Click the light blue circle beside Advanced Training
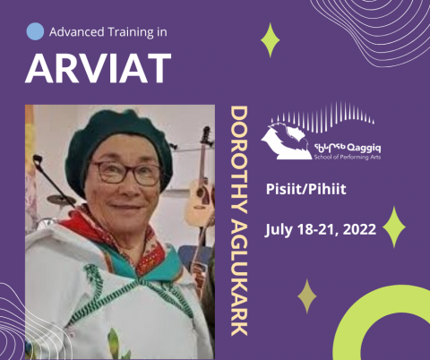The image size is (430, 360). tap(35, 31)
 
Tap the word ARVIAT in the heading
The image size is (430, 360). tap(99, 68)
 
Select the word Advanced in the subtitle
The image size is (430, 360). tap(77, 31)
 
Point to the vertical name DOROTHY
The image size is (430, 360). tap(239, 160)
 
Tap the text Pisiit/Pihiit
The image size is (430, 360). tap(306, 189)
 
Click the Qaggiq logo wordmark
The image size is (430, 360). tap(348, 151)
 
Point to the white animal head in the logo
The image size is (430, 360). tap(285, 141)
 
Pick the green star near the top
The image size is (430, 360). tap(270, 40)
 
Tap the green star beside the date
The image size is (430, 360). tap(394, 227)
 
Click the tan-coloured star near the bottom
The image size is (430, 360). tap(307, 296)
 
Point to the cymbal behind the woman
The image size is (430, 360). tap(61, 200)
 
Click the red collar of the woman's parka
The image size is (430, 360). tap(114, 239)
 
